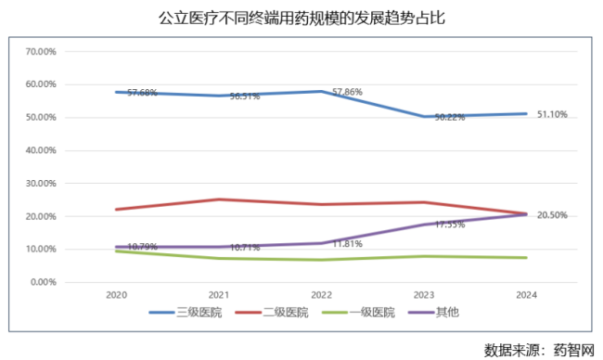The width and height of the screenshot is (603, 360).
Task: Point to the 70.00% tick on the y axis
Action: [43, 51]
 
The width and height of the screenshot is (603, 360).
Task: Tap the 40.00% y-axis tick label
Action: [43, 150]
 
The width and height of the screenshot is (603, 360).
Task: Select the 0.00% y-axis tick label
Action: [45, 282]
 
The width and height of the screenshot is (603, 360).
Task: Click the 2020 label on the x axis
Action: [118, 294]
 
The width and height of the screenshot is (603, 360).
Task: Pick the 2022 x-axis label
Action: [322, 294]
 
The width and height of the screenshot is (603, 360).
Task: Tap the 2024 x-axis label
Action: [526, 294]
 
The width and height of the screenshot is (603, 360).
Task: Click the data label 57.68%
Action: [142, 93]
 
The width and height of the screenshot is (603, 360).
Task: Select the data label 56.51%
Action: [244, 96]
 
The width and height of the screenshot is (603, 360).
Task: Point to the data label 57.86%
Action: [346, 93]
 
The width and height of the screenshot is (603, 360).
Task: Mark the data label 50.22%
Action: [449, 118]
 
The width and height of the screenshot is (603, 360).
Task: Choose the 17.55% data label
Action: [449, 225]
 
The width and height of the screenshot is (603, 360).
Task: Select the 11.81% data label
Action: [346, 244]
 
